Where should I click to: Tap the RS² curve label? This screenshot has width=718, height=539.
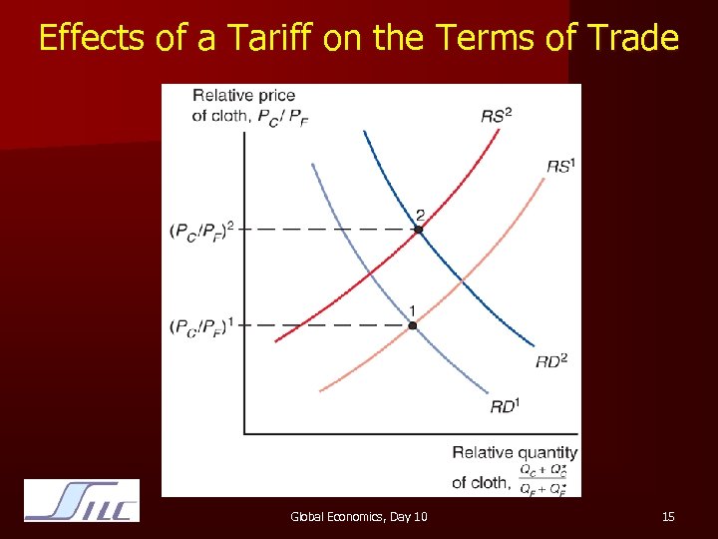497,116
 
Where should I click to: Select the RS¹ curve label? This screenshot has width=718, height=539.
560,166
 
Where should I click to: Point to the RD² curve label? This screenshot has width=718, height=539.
550,360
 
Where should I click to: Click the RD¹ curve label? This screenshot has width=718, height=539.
505,406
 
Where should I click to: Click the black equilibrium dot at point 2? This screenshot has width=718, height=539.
419,230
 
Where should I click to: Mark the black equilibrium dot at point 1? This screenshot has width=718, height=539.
412,325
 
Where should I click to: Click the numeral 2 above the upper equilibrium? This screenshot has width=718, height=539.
420,214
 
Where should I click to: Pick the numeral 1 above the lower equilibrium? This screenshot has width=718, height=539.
412,309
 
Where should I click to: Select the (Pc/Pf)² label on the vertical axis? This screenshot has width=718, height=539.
202,231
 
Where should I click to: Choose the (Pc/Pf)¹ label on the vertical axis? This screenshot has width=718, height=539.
202,326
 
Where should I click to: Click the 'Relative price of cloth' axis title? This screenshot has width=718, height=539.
244,105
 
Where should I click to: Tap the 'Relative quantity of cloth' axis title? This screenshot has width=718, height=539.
514,453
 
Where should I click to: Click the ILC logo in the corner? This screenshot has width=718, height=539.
82,500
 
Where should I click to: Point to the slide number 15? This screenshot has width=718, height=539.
668,516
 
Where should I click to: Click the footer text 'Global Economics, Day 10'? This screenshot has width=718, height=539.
358,516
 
